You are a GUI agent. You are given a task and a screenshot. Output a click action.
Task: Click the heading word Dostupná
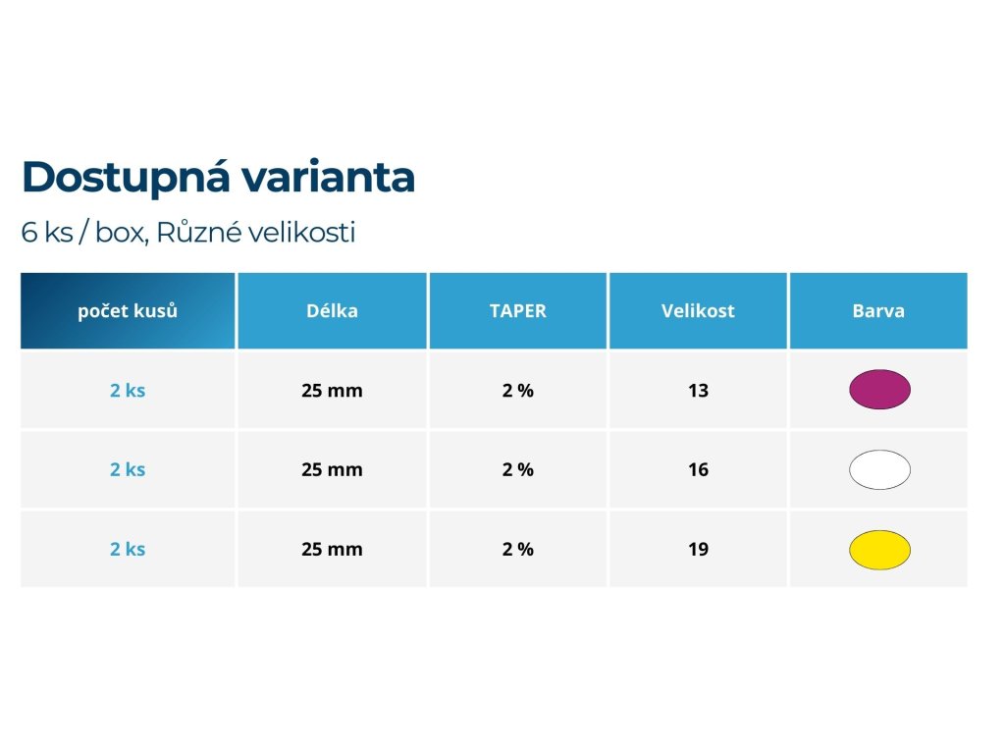coord(126,178)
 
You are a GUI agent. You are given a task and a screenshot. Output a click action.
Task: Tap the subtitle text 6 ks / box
coord(82,232)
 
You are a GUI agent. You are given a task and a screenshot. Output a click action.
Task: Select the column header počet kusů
coord(128,311)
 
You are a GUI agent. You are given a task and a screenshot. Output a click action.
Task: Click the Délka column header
coord(332,311)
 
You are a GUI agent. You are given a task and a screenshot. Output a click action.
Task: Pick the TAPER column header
coord(518,311)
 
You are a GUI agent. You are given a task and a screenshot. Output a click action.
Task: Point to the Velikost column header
coord(698,311)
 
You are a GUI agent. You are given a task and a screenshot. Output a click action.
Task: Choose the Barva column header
coord(878,311)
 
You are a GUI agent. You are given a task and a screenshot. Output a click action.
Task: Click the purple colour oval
coord(879,389)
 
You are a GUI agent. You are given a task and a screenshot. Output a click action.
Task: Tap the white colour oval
coord(879,469)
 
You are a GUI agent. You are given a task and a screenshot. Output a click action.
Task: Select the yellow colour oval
coord(879,550)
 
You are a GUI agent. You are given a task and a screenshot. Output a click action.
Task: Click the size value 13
coord(698,391)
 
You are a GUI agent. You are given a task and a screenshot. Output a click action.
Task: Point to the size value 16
coord(698,470)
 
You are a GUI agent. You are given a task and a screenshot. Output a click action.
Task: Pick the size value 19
coord(698,550)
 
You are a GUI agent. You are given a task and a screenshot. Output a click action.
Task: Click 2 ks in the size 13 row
coord(128,391)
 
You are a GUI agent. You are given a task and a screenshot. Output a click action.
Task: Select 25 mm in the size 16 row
coord(332,470)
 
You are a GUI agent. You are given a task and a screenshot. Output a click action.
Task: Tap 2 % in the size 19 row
coord(518,550)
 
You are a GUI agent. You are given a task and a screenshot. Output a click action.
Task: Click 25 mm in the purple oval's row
coord(332,391)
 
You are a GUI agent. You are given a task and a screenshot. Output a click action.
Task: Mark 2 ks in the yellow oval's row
coord(128,550)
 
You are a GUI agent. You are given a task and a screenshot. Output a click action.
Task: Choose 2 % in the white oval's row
coord(518,470)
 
